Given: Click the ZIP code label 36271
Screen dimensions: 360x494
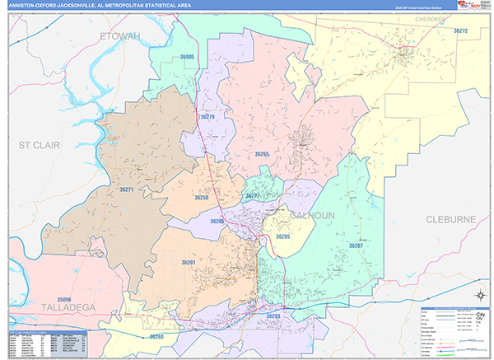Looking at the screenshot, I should pyautogui.click(x=127, y=190).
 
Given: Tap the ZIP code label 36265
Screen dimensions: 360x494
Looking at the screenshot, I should pyautogui.click(x=262, y=154).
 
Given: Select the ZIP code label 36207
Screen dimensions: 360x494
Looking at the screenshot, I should pyautogui.click(x=356, y=245).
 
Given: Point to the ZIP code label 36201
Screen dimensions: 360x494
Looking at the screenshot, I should pyautogui.click(x=189, y=263).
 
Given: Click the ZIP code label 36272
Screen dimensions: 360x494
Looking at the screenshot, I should pyautogui.click(x=460, y=30).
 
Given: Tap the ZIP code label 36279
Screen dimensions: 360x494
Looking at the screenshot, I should pyautogui.click(x=207, y=117).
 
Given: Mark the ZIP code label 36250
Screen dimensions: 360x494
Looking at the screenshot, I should pyautogui.click(x=202, y=198).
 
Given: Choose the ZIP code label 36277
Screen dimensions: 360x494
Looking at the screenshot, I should pyautogui.click(x=253, y=196).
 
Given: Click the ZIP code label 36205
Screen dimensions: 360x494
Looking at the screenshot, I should pyautogui.click(x=283, y=236).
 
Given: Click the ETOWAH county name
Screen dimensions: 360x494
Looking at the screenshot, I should pyautogui.click(x=120, y=36).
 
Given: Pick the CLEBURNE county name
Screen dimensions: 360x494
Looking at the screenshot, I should pyautogui.click(x=451, y=219).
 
